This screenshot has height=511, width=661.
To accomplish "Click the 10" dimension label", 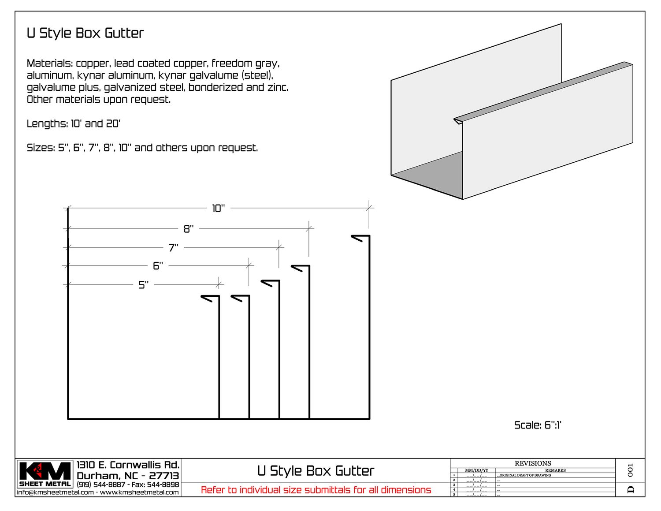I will coord(218,208).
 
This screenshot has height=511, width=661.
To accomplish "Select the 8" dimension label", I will coord(189,229).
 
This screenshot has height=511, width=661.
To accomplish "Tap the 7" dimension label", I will coord(174,247).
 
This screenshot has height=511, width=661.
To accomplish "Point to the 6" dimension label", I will coord(158,266).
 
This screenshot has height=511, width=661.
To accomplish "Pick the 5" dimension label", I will coord(144,285).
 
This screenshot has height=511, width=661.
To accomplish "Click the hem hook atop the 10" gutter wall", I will coord(360,238).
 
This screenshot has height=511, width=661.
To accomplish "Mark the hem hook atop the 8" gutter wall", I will coord(300,268).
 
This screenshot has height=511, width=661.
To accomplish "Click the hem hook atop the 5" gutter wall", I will coord(210,298).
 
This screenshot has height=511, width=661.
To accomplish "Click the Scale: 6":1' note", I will coord(538,425).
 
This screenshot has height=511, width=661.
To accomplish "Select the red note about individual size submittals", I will coord(316,490).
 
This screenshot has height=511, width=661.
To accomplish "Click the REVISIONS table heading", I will coord(533,463).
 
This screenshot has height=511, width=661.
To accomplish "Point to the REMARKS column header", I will coord(555,470).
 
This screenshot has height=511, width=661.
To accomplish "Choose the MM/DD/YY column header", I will coord(476,470).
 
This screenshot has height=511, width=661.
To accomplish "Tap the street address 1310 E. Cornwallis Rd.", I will coord(128,465).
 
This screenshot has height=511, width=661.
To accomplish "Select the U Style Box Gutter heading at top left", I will coord(85,33).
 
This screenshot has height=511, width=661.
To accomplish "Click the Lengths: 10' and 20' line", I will coord(74,123).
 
